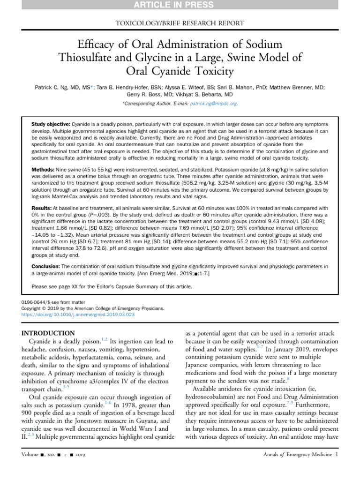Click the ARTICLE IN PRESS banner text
coord(180,5)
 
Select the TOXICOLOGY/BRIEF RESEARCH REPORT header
coord(180,23)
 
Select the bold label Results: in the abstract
coord(42,207)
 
